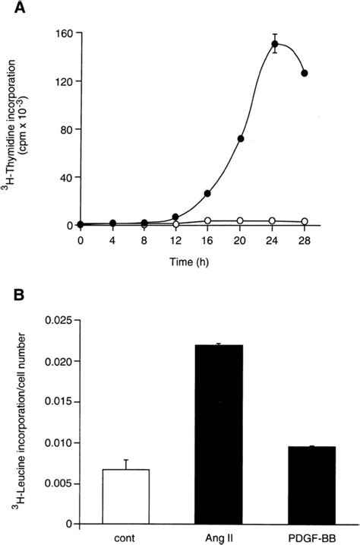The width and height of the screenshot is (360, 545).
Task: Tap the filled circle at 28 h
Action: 305,74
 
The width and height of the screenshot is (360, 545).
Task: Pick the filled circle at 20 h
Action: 241,139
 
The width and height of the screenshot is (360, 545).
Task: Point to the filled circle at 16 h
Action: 207,193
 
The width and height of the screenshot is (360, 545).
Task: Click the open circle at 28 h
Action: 305,221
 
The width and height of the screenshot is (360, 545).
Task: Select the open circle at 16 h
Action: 207,220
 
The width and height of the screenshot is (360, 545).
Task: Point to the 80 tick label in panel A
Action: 65,129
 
